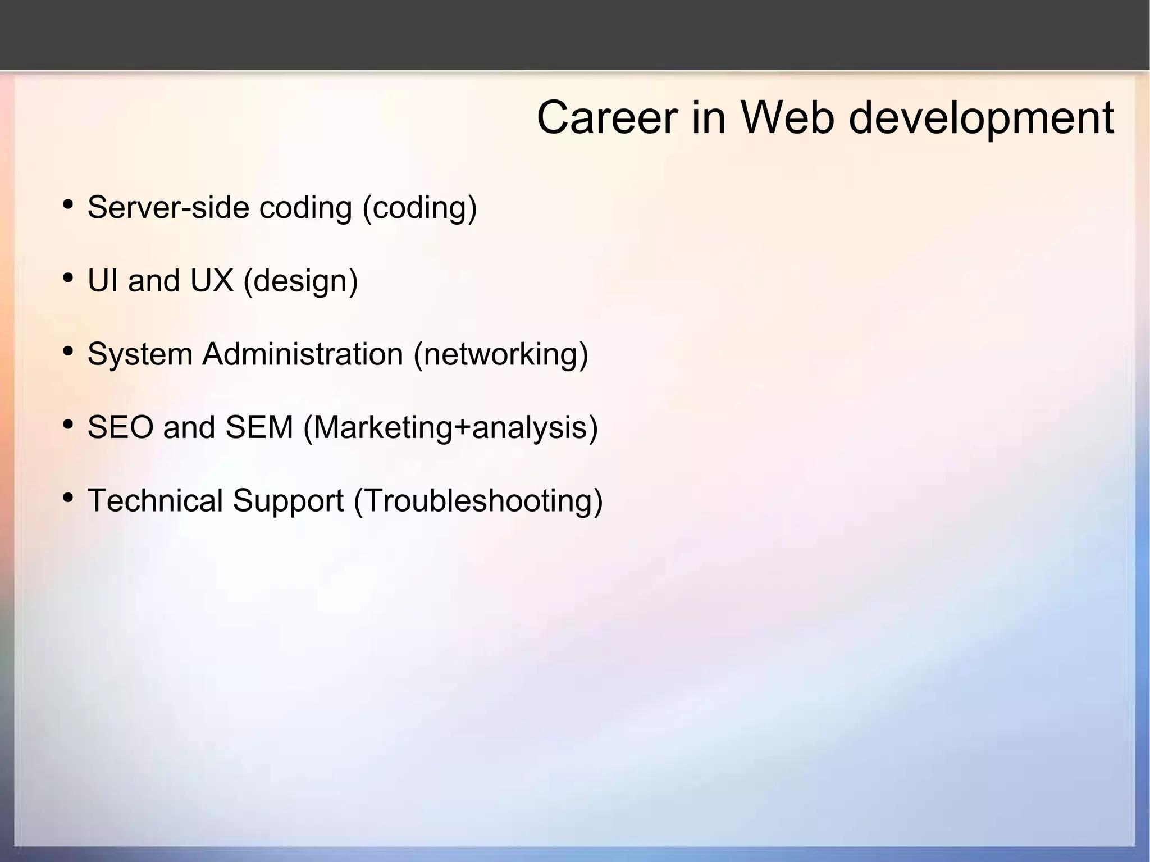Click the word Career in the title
[x=606, y=118]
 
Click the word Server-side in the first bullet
[x=168, y=207]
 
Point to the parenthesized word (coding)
[x=420, y=208]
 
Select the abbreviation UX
[x=212, y=280]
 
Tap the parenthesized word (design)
[x=300, y=281]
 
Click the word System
[x=140, y=354]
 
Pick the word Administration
[x=303, y=354]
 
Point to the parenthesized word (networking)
[x=501, y=355]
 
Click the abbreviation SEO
[x=120, y=427]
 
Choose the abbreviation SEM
[x=259, y=427]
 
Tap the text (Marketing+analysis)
[x=450, y=428]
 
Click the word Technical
[x=156, y=500]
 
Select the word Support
[x=288, y=501]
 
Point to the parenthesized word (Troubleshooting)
[x=478, y=501]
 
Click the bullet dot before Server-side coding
[x=68, y=204]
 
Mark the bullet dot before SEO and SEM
[x=68, y=424]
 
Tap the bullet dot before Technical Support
[x=68, y=497]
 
